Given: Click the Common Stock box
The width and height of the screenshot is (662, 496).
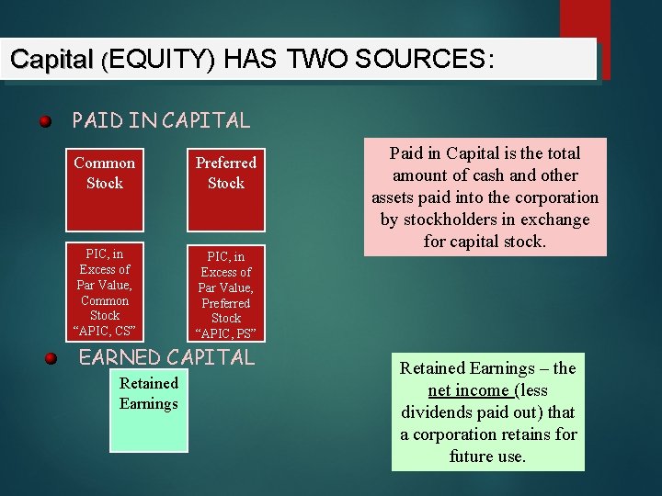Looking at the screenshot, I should pos(104,189).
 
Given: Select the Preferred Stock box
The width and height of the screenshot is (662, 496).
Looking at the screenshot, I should pos(225,189).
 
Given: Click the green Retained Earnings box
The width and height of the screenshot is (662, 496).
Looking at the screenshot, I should pos(148,411).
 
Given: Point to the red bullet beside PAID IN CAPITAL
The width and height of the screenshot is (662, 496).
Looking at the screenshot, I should pos(44,121).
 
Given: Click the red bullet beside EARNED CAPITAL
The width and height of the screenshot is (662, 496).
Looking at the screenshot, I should pos(52,358).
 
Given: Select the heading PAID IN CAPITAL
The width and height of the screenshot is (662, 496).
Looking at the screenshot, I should pos(161,120).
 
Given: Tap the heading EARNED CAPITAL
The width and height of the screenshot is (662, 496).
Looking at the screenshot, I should pos(166,357).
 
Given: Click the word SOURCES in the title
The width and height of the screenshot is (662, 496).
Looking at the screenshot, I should pos(428,60).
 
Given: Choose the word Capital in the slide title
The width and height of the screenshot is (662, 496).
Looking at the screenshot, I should pos(51,60).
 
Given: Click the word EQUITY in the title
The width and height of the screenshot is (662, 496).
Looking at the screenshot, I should pos(160,60).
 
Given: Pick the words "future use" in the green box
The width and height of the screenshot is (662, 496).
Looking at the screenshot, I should pos(487,457).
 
